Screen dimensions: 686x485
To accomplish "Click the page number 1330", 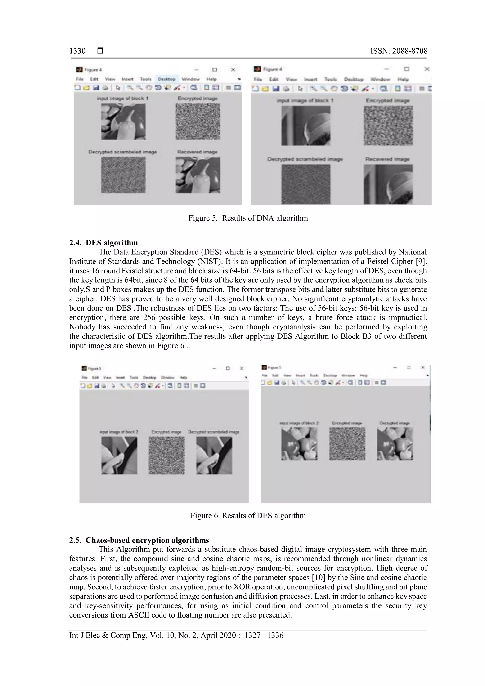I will [x=77, y=51].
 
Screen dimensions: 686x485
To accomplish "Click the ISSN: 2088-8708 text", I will [x=399, y=51].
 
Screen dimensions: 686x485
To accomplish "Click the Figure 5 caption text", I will [x=248, y=218].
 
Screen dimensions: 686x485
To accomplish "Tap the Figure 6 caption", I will [x=248, y=516].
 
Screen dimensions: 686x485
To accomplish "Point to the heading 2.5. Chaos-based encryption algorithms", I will [x=139, y=540].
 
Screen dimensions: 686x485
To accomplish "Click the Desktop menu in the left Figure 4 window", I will [x=166, y=79].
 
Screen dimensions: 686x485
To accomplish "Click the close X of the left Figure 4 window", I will [x=233, y=70].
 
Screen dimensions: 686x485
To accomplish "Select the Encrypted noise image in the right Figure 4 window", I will [x=388, y=126].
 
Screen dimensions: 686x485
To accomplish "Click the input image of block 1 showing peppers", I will [x=123, y=122].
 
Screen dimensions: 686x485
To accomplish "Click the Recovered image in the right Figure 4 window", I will [x=388, y=184].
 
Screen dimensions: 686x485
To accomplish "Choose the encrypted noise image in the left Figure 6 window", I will [x=167, y=455].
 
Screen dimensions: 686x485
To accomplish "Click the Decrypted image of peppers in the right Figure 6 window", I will [x=395, y=444].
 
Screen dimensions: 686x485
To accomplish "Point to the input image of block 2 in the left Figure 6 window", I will [x=119, y=455].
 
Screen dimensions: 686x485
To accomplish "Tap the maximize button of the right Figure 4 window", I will [x=406, y=69].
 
